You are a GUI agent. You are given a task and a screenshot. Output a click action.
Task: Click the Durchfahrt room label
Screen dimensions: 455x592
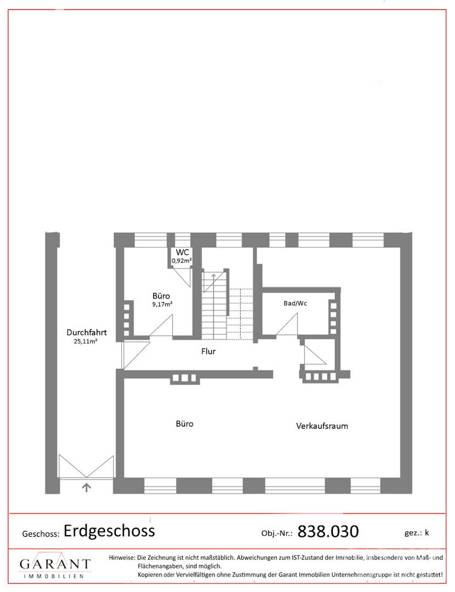coord(87,332)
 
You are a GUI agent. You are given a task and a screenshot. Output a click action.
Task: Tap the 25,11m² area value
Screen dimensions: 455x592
coord(86,341)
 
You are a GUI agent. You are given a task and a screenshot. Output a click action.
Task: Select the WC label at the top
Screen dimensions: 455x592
coord(182,252)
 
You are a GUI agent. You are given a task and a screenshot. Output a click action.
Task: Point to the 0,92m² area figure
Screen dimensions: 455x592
coord(182,260)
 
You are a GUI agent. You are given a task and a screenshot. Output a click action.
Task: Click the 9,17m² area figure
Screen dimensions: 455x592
coord(162,304)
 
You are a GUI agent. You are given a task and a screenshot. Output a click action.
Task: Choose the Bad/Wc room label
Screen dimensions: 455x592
coord(295,303)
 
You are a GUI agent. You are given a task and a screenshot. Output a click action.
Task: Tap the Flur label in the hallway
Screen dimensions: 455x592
coord(208,351)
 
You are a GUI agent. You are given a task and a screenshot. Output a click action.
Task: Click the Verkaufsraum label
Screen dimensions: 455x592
coord(322,426)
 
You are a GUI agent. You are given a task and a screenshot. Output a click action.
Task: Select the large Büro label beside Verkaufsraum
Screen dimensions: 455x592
coord(184,424)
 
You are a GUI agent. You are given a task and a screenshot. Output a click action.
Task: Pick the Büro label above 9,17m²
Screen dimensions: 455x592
coord(161,296)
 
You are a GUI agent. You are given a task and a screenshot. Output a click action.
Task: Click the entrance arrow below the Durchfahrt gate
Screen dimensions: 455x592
coord(87,487)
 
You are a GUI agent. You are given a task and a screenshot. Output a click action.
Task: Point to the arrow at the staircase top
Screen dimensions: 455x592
coord(214,277)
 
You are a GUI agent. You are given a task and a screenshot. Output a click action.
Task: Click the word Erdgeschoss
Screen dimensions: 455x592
coord(109,531)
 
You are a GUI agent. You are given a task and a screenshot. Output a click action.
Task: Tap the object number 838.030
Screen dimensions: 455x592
coord(328,531)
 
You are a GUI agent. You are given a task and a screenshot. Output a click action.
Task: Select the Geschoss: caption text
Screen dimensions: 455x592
coord(41,534)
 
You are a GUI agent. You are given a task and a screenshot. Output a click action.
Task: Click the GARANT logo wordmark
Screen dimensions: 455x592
coord(55,564)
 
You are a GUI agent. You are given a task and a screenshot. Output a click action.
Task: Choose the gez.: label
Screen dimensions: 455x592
coord(412,533)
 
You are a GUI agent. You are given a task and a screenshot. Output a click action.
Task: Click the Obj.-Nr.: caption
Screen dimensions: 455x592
coord(277,533)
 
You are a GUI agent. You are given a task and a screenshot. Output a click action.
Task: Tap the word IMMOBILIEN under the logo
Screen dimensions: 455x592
coord(54,576)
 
